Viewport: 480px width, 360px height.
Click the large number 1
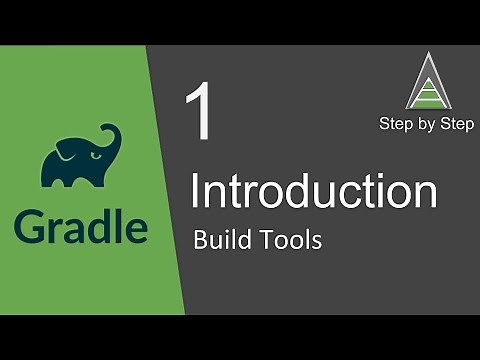200,113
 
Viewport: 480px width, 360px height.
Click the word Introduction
313,191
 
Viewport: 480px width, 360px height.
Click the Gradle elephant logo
80,157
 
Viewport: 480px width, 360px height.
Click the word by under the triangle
426,125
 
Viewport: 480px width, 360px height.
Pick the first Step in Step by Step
397,124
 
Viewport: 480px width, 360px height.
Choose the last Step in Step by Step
455,124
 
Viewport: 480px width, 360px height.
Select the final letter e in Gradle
136,229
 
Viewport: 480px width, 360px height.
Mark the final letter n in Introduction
425,194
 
